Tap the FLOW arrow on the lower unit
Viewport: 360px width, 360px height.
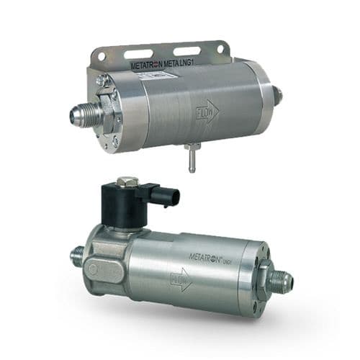[x=181, y=280]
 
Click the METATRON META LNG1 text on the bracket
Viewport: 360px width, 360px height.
[x=162, y=65]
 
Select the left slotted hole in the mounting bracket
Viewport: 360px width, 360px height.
[x=138, y=54]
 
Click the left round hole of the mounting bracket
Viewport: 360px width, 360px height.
[x=102, y=56]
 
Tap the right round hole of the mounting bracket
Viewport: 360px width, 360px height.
[x=220, y=49]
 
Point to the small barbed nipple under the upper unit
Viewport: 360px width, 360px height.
[x=192, y=158]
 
